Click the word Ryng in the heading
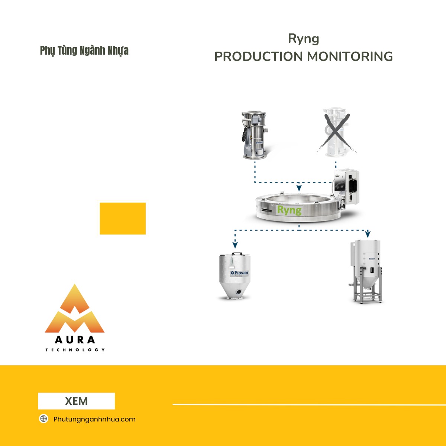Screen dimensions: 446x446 [x=303, y=39]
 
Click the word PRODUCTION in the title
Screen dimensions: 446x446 [x=259, y=56]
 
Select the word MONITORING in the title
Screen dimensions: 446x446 [x=350, y=56]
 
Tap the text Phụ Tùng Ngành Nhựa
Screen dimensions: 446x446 [x=84, y=51]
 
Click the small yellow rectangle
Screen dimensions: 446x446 [x=123, y=219]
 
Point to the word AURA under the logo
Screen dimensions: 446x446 [x=75, y=340]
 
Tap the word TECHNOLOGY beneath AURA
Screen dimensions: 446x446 [x=75, y=350]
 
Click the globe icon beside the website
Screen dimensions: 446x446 [x=44, y=419]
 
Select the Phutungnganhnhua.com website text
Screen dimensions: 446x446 [x=94, y=419]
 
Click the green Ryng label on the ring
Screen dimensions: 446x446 [x=289, y=210]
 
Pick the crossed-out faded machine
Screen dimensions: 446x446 [x=336, y=132]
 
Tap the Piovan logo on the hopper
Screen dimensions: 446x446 [x=239, y=273]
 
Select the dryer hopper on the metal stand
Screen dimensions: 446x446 [x=366, y=271]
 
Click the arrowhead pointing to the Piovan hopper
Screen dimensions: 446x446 [x=235, y=245]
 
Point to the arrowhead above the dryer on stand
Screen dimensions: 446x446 [x=368, y=234]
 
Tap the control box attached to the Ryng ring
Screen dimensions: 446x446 [x=347, y=184]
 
